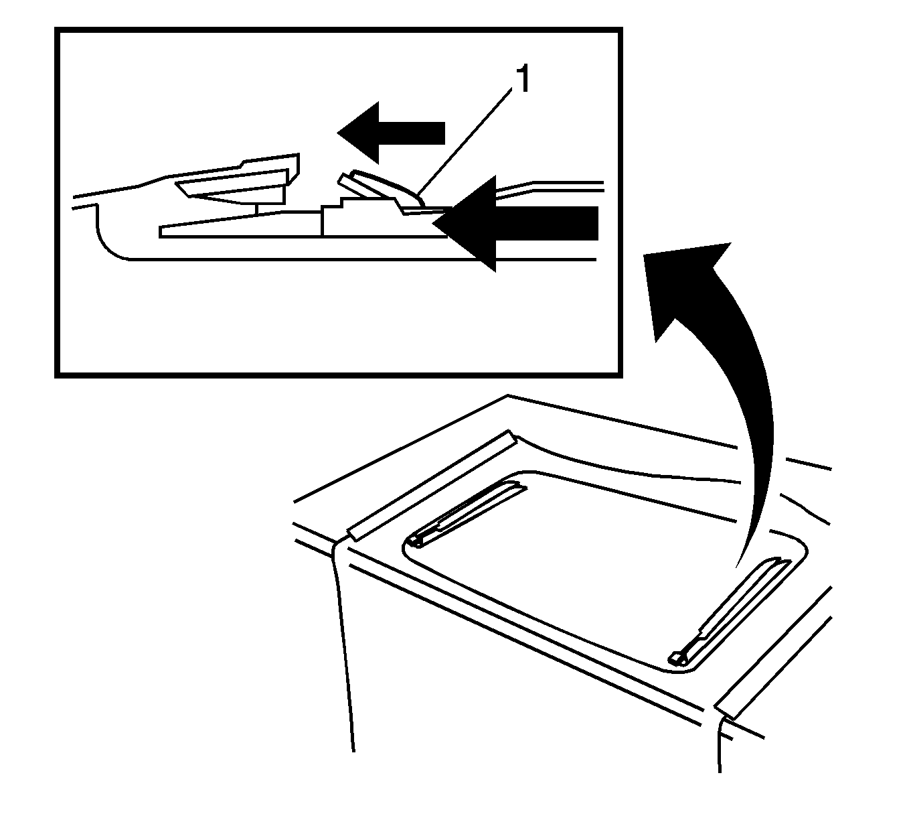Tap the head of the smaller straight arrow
[358, 132]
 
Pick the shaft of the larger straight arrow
[547, 224]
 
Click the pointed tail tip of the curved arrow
[736, 567]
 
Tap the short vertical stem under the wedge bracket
[257, 208]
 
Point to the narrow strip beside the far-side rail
[432, 485]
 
